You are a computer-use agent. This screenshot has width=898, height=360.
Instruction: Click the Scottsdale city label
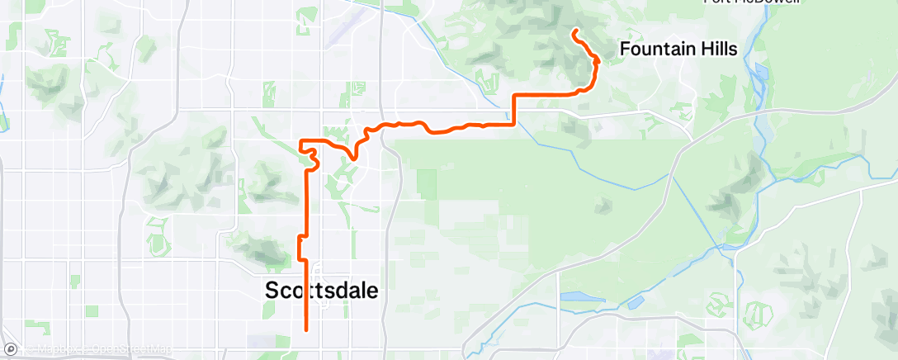(x=322, y=291)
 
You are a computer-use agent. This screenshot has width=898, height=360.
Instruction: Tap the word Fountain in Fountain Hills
(x=655, y=50)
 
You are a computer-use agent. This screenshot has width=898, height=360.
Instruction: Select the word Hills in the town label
(x=716, y=50)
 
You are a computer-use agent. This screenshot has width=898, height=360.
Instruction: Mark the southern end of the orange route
(x=306, y=330)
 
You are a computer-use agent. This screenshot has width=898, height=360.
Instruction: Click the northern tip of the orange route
(x=574, y=31)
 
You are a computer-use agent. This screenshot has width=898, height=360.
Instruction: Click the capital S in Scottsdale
(x=272, y=291)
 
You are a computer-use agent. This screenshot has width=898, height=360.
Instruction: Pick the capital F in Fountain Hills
(x=625, y=50)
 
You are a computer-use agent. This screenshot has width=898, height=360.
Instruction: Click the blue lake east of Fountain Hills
(x=760, y=71)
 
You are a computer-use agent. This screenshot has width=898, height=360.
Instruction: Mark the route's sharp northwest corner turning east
(x=300, y=141)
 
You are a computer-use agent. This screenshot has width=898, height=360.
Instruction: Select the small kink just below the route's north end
(x=595, y=61)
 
